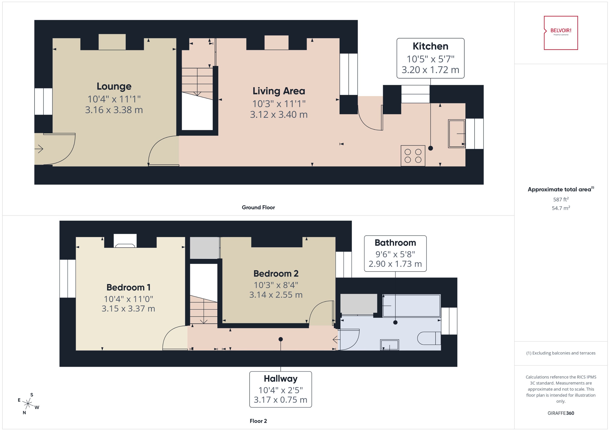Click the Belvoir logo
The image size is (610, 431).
coord(561,33)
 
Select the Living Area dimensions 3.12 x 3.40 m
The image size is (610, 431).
coord(279,114)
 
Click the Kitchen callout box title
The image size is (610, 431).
coord(430,46)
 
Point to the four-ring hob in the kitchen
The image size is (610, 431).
coord(413,156)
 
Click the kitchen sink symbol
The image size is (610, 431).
coord(456,134)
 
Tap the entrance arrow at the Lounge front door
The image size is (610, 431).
coord(39,149)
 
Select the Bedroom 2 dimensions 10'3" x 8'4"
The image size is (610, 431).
coord(276,285)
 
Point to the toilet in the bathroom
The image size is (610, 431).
coord(428,338)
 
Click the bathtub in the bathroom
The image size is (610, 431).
coord(411,306)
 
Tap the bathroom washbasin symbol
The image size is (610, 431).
coord(389,345)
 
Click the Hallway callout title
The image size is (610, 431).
coord(280,378)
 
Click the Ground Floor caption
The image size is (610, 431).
coord(258,207)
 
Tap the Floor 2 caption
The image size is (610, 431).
coord(258,421)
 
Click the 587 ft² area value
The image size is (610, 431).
coord(561,199)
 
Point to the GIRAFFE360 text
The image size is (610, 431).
coord(561,413)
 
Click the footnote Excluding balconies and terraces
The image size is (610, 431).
coord(561,353)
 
